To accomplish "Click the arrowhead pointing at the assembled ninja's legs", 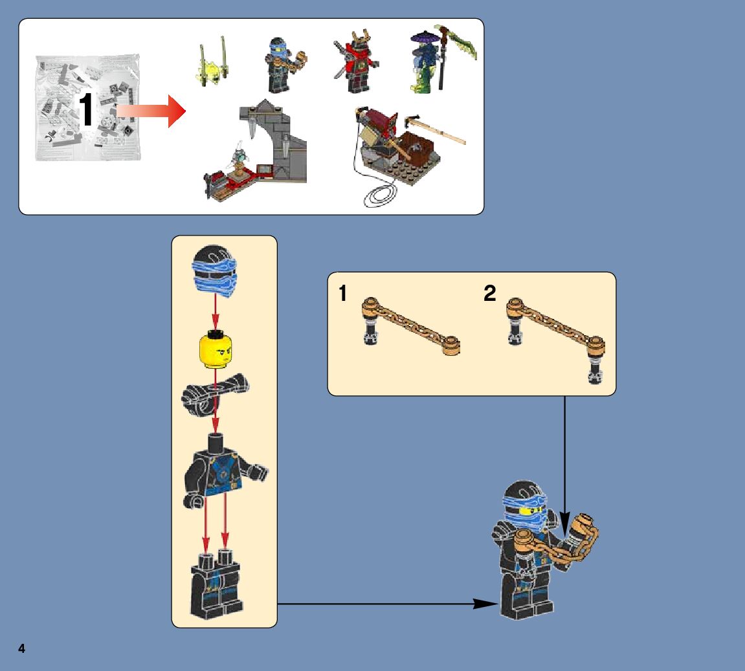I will tap(485, 604).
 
